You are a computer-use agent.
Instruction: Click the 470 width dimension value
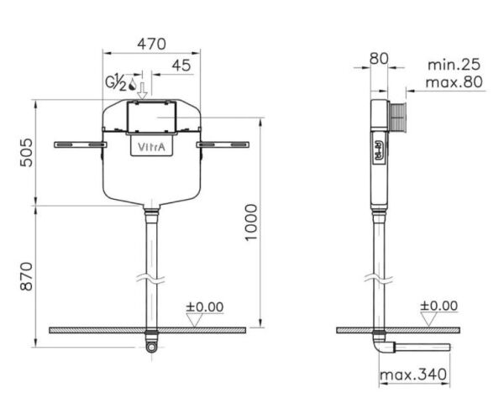tap(152, 44)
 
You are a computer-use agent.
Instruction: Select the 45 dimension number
tap(181, 65)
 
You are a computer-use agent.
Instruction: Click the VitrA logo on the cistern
tap(151, 148)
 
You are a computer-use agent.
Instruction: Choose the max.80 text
tap(454, 82)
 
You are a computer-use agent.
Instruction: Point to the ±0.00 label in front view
tap(204, 306)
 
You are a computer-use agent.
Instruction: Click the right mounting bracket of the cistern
tap(224, 144)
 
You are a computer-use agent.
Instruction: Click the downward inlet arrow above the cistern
tap(143, 87)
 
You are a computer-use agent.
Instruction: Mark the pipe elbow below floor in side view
tap(381, 345)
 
